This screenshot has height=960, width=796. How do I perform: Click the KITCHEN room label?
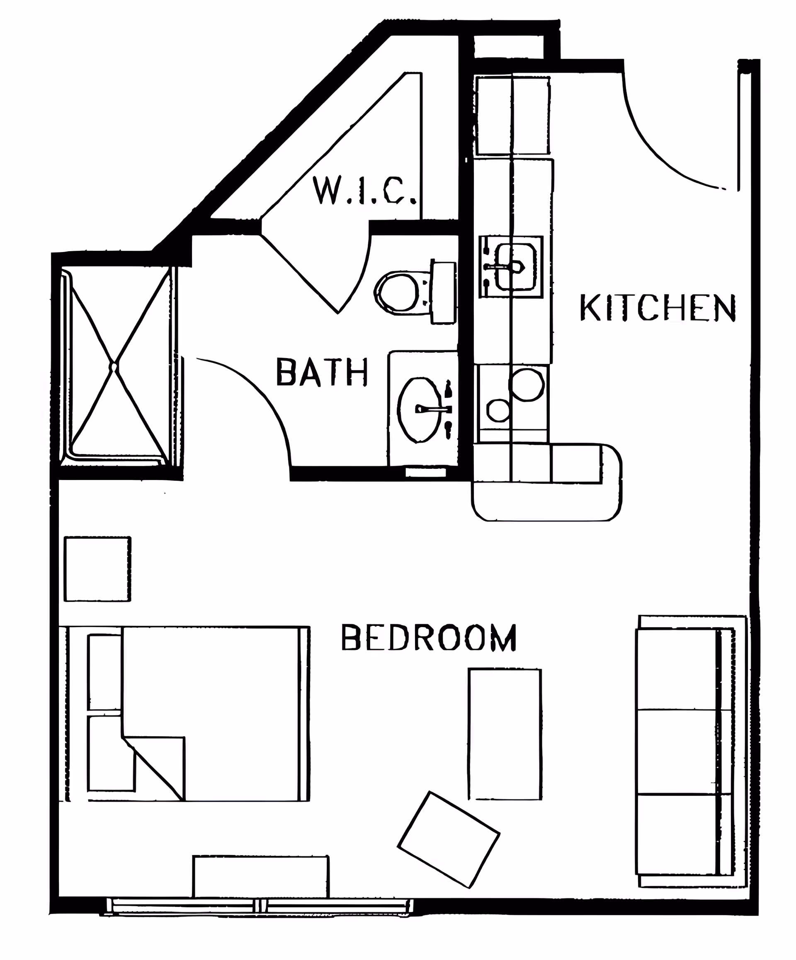658,308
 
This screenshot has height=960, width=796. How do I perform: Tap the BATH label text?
322,372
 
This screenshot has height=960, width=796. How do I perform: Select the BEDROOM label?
429,637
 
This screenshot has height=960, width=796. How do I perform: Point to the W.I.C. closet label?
364,190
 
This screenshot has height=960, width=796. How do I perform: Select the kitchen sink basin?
516,267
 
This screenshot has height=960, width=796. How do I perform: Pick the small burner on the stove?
498,410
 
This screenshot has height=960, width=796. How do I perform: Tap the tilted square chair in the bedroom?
449,839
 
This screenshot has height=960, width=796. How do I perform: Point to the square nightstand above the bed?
97,569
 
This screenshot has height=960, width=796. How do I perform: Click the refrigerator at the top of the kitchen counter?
512,116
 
